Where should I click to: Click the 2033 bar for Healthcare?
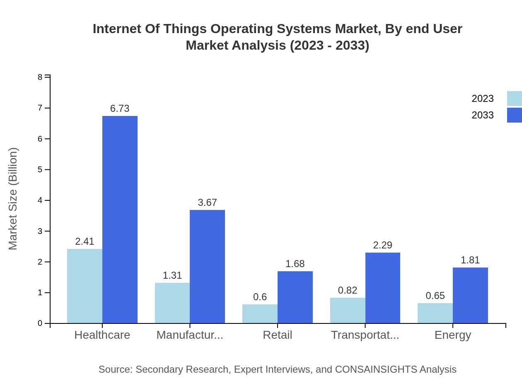coord(120,219)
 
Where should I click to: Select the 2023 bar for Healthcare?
coord(85,286)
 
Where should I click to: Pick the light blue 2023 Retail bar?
coord(260,313)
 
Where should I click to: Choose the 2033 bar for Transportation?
coord(383,288)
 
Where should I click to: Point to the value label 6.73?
coord(120,109)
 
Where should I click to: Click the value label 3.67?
coord(207,203)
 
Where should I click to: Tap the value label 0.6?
coord(260,297)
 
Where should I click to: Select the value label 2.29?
coord(382,245)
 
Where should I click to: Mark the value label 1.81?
coord(470,260)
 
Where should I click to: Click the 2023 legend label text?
coord(483,99)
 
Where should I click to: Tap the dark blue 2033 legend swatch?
coord(514,115)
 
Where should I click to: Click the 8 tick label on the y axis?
coord(40,77)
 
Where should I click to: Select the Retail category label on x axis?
coord(277,335)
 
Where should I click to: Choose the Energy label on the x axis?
coord(452,335)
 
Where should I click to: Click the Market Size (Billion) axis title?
coord(13,199)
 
